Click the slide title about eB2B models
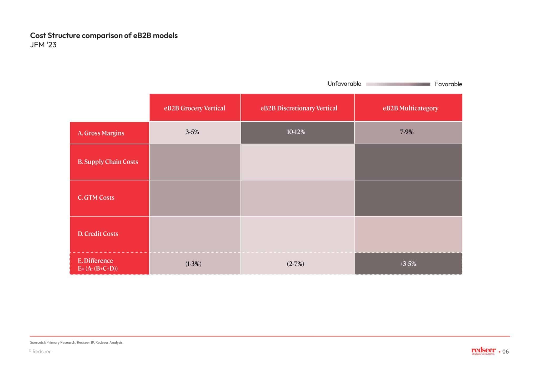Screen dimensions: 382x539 coord(104,35)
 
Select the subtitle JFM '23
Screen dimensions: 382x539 coord(43,45)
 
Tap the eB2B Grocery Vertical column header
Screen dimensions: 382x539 coord(194,108)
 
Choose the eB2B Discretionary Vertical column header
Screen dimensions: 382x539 coord(299,108)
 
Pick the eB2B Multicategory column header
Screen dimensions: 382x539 coord(410,108)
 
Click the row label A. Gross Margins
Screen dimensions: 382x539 coord(101,133)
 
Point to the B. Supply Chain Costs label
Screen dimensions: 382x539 coord(108,162)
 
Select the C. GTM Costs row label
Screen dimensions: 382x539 coord(96,198)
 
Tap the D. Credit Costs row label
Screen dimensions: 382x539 coord(98,234)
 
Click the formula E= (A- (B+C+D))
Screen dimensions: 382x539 coord(98,269)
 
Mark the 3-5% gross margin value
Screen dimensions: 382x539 coord(192,132)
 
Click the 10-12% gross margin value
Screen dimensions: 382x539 coord(296,132)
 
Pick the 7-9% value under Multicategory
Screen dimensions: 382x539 coord(407,132)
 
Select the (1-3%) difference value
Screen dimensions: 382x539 coord(193,264)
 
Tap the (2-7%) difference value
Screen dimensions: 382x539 coord(295,264)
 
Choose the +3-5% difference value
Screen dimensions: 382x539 coord(408,264)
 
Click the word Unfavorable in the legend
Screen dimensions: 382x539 coord(344,84)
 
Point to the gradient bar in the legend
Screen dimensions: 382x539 coord(398,84)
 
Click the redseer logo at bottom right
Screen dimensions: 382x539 coord(483,351)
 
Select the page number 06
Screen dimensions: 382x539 coord(505,351)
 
